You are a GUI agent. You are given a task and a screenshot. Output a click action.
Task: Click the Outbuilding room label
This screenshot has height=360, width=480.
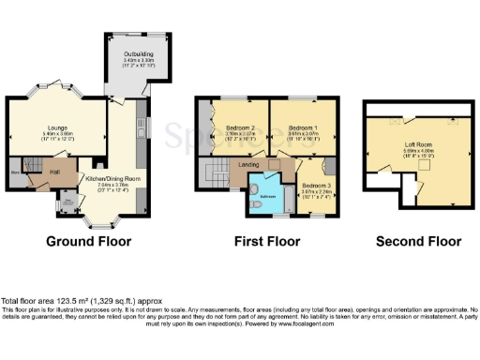(137, 54)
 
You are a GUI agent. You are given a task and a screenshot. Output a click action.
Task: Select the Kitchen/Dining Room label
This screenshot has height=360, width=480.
(112, 178)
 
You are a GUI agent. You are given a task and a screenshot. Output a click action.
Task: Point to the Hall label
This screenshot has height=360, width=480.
(54, 172)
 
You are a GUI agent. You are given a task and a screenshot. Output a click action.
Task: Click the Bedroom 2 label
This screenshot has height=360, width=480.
(240, 127)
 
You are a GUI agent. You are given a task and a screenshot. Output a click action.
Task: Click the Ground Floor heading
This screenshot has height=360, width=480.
(88, 241)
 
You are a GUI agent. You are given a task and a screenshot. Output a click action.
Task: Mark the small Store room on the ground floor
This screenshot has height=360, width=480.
(15, 172)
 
